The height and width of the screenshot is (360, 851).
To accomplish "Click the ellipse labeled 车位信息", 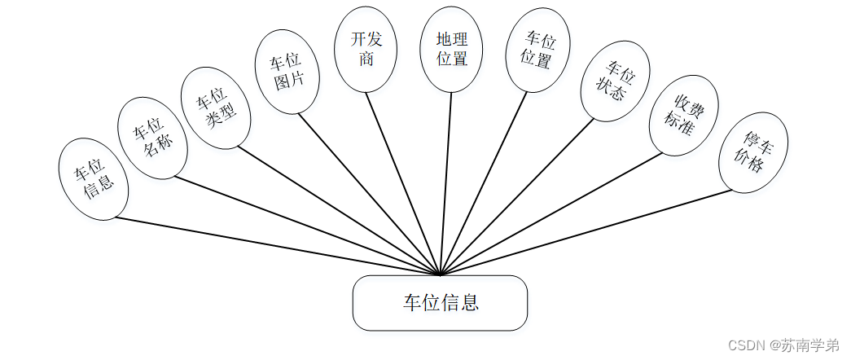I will (94, 180).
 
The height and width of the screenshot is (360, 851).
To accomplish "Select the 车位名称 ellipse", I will (153, 139).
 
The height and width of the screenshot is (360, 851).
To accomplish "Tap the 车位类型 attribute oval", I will (214, 108).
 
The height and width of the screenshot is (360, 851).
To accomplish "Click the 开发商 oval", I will (366, 50).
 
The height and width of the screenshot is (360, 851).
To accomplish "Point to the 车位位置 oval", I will (537, 50).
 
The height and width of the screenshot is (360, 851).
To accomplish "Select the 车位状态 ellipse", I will (616, 82).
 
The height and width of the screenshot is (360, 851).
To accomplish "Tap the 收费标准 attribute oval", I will (683, 116).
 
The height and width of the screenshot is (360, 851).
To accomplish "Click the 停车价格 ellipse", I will (752, 152).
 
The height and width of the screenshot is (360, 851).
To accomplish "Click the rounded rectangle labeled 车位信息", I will (440, 303).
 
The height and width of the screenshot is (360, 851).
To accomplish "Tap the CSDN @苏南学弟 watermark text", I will (783, 345).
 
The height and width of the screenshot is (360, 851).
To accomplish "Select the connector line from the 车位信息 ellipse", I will (277, 246).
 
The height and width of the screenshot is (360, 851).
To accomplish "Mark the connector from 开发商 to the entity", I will (403, 183).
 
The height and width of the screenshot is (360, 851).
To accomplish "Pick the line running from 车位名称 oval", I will (308, 226).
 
